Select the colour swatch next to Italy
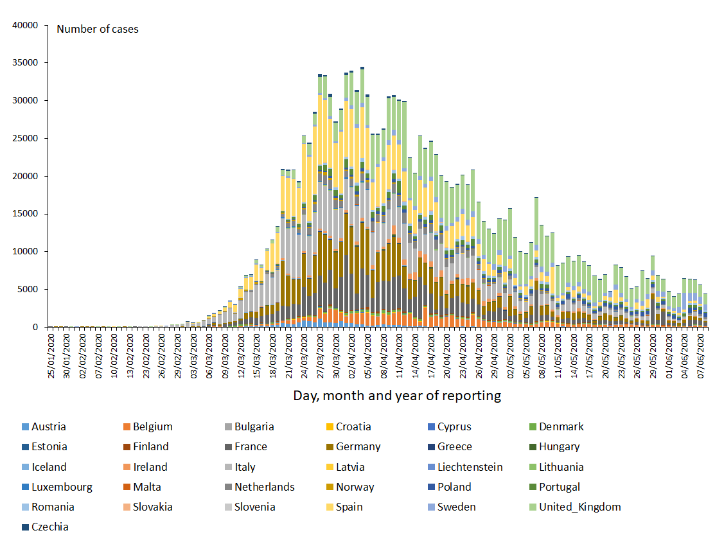click(x=228, y=467)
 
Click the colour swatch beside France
click(x=228, y=446)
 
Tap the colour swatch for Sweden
click(x=431, y=507)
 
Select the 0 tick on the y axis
click(x=37, y=327)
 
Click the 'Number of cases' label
click(x=98, y=29)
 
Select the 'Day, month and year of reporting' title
click(x=397, y=395)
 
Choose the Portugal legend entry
click(x=560, y=487)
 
